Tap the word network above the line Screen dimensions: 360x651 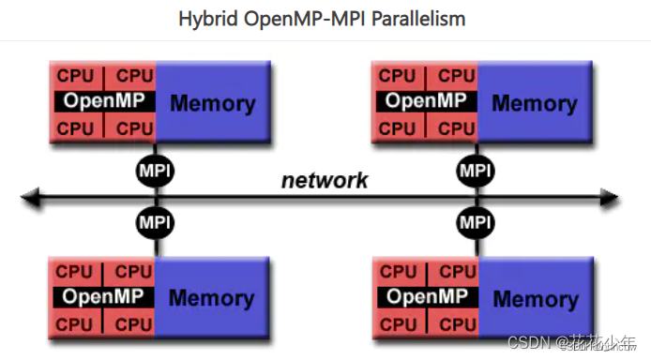coord(325,180)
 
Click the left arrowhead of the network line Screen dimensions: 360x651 coord(30,198)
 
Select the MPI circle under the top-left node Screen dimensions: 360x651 coord(155,171)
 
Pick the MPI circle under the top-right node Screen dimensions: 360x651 coord(476,171)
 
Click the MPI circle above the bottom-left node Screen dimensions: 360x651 coord(155,223)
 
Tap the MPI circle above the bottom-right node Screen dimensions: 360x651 coord(476,223)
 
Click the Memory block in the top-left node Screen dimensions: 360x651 coord(213,103)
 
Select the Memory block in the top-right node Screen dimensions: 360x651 coord(535,103)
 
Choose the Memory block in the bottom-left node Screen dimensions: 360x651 coord(213,298)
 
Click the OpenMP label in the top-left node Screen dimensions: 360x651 coord(103,101)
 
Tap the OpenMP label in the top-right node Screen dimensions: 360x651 coord(426,101)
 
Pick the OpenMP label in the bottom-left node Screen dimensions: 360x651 coord(103,297)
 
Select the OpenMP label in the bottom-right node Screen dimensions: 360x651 coord(426,297)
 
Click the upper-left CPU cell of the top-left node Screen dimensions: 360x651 coord(76,75)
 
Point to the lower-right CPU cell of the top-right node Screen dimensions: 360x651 coord(456,127)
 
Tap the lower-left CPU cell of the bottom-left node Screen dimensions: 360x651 coord(76,323)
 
